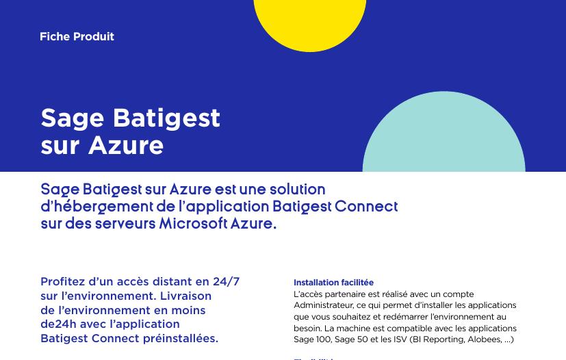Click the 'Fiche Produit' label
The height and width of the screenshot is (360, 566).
click(77, 37)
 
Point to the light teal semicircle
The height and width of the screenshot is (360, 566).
click(443, 137)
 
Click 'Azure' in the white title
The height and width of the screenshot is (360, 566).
click(126, 146)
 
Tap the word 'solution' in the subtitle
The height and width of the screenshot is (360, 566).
click(297, 190)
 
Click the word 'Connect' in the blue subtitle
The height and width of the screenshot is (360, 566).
click(365, 207)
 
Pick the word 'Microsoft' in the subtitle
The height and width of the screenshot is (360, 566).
click(193, 224)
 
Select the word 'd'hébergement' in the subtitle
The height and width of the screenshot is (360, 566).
click(97, 207)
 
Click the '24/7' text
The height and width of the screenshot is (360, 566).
click(226, 282)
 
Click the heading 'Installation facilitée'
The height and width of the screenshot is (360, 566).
click(333, 283)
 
